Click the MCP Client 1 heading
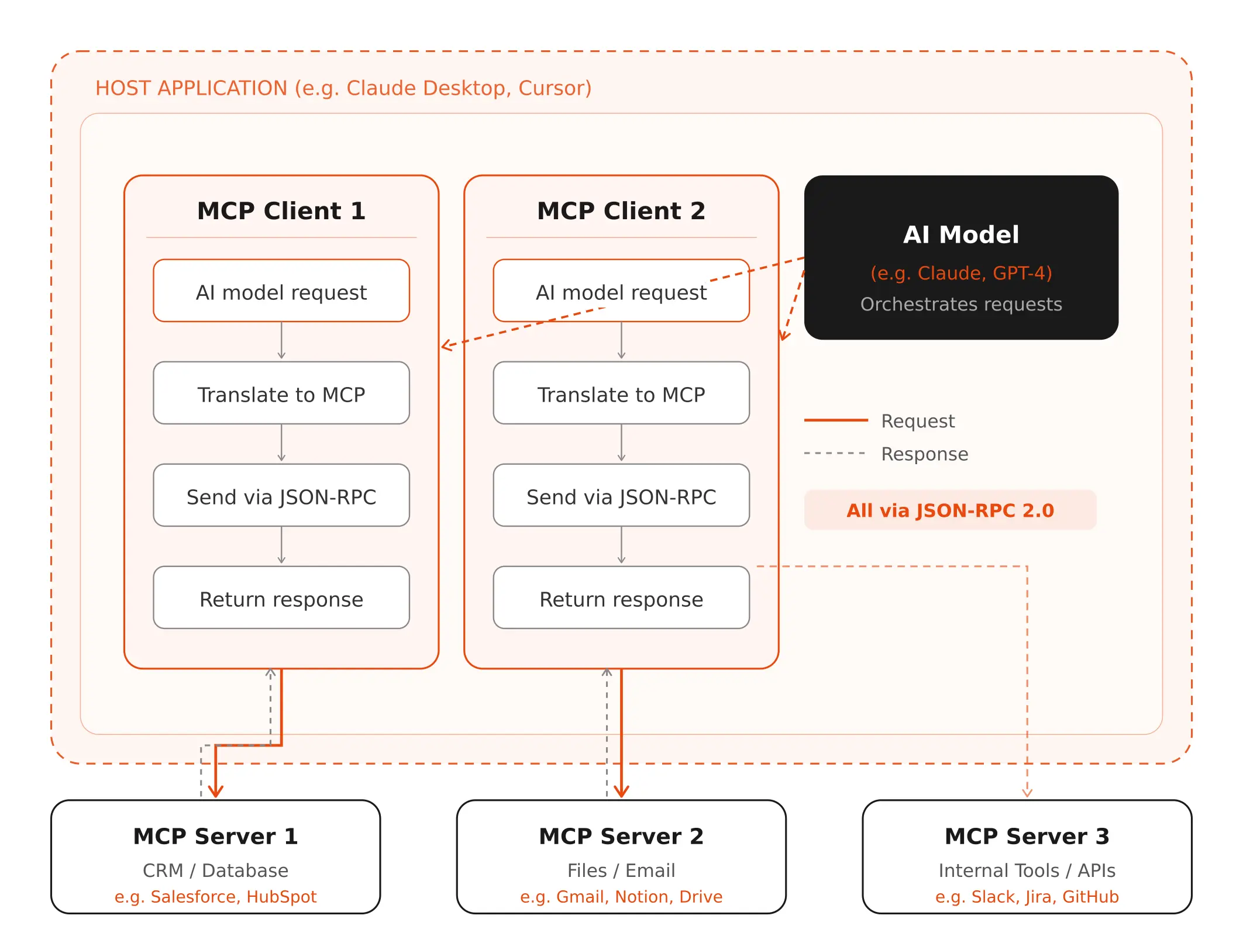281,211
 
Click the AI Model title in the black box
961,235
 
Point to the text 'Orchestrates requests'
961,305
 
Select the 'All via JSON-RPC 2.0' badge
950,510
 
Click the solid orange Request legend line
836,420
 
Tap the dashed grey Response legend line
835,453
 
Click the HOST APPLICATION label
343,88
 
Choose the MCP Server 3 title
1027,837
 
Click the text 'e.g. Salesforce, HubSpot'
215,897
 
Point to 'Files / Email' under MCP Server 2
621,870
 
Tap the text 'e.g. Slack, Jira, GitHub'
1027,897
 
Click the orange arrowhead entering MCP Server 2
621,792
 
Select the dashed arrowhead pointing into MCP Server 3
1027,793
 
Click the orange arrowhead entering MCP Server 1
216,792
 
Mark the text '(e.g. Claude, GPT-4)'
961,273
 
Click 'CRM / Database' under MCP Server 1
215,870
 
